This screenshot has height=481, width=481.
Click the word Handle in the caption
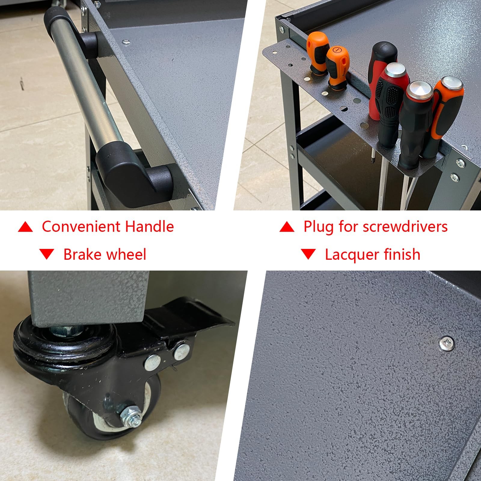[149, 226]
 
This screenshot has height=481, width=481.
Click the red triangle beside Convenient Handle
[25, 227]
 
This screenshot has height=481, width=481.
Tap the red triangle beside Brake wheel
[47, 254]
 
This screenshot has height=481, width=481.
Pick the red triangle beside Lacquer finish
[308, 254]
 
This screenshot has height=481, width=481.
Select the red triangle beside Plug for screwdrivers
[287, 227]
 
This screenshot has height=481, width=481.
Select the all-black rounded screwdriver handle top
[384, 51]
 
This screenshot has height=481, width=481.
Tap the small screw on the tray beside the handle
[126, 41]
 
